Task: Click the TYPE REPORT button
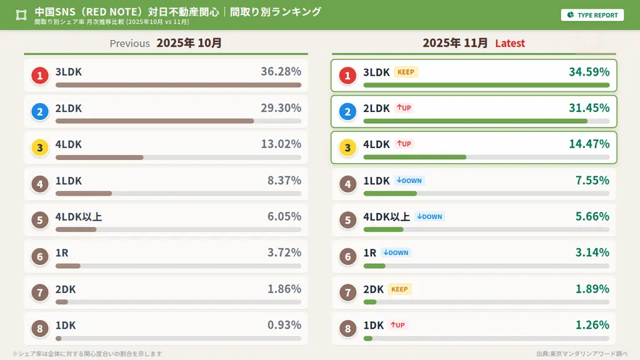point(592,15)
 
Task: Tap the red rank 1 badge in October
point(40,76)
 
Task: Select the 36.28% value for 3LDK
point(281,72)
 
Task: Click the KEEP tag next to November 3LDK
point(406,72)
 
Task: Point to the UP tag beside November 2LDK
point(404,108)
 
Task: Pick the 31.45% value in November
point(589,108)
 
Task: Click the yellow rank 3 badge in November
point(347,148)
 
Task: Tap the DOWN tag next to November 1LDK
point(409,181)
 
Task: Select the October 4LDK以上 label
point(79,217)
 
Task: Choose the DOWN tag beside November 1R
point(396,253)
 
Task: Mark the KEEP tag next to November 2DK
point(399,289)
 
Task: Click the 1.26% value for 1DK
point(592,325)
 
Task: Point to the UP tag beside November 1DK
point(397,325)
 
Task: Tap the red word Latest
point(510,43)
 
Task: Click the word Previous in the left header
point(129,43)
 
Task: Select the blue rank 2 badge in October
point(40,112)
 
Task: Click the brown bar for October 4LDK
point(99,157)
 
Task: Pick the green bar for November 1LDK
point(390,194)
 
